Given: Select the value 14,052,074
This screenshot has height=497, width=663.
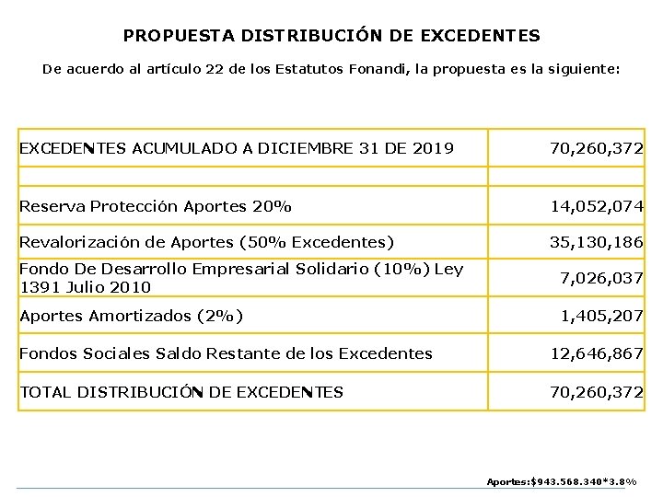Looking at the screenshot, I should coord(597,206).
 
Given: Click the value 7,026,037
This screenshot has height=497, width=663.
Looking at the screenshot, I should coord(601,279).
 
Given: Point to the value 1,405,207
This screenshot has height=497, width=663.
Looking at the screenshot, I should coord(601,317).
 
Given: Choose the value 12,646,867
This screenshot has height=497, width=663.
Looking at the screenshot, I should coord(597,353).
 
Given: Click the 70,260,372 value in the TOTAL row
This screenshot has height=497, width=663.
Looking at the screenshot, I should coord(597,392).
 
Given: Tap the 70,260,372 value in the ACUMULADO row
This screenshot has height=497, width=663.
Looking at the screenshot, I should coord(597,147).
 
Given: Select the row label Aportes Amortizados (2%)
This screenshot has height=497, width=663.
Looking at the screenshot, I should coord(131,317).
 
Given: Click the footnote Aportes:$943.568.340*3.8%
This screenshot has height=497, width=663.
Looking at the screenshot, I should coord(561,481).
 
